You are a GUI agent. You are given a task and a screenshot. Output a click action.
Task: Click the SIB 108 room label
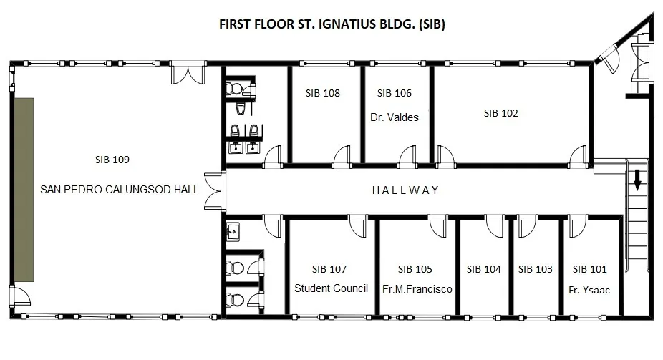click(323, 93)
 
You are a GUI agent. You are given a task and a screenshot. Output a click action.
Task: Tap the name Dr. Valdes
click(394, 117)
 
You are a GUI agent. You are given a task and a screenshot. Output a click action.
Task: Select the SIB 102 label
click(500, 113)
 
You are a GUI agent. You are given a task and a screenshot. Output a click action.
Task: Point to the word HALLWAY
click(405, 190)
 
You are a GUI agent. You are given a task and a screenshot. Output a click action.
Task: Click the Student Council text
click(331, 288)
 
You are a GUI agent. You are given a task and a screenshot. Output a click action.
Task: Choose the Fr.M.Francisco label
click(417, 289)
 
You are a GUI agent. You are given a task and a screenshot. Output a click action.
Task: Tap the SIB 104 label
click(484, 269)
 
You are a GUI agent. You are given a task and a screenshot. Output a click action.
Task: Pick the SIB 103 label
click(536, 269)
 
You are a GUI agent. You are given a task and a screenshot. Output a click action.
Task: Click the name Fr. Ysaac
click(589, 291)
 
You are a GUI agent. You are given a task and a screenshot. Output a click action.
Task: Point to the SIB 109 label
click(112, 160)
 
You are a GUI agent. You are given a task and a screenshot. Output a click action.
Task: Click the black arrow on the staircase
click(637, 179)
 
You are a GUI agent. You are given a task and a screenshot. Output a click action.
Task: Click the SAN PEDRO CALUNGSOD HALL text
click(120, 189)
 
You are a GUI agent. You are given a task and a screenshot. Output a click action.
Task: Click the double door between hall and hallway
click(213, 191)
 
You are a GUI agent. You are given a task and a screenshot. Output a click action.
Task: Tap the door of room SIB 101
click(576, 226)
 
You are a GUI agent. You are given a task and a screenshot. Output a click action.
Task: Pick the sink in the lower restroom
click(233, 232)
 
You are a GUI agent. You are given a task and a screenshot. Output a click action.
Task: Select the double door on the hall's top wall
click(188, 73)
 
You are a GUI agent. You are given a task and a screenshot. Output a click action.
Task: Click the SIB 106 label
click(394, 93)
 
